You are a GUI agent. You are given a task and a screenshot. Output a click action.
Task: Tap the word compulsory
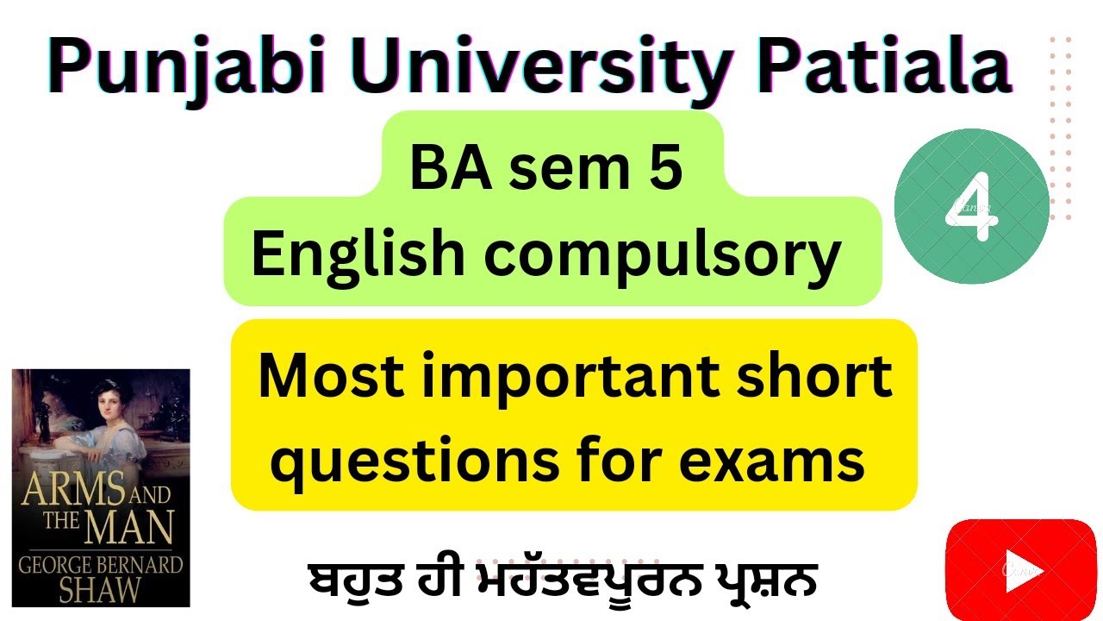click(663, 254)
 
